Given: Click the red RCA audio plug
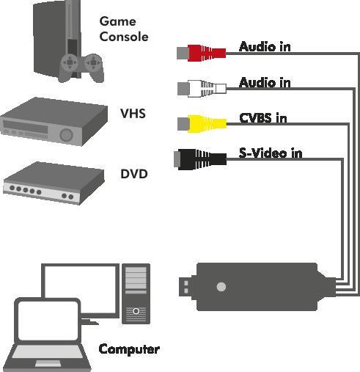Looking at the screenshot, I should (202, 52).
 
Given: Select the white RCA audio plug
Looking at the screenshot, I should (202, 88).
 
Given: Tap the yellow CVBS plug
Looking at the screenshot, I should (202, 123).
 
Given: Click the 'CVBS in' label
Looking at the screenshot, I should (262, 118).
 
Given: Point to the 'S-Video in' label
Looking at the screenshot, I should (271, 153).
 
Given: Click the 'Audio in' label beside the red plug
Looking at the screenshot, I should (265, 47).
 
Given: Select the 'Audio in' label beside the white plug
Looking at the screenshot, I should (265, 82).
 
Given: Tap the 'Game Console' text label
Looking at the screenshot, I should (124, 29).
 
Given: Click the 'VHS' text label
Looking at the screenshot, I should (133, 113).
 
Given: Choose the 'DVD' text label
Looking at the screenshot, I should (134, 174).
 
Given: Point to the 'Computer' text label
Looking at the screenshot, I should (129, 349).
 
